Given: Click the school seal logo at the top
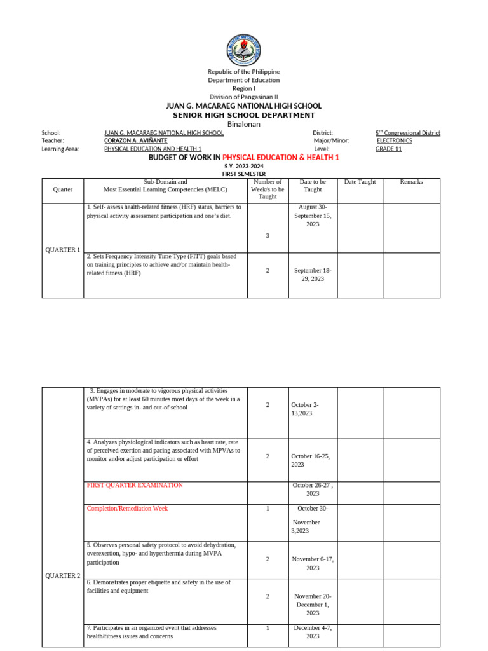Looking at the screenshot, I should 244,48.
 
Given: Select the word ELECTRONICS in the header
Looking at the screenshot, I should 395,140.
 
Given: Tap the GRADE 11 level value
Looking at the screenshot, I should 388,149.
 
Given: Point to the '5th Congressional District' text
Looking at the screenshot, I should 408,133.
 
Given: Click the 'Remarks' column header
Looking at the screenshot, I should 411,182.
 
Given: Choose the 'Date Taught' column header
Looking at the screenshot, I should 360,182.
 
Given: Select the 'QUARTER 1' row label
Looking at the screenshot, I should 62,250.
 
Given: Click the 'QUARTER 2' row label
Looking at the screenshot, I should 62,576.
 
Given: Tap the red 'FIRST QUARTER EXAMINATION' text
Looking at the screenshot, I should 135,485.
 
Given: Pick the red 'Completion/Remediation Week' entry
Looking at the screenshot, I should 127,509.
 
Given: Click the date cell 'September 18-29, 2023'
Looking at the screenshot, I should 313,275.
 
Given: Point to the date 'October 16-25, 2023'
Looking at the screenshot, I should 311,460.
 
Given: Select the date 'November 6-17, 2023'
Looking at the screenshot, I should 313,563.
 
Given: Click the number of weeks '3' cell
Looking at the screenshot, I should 268,236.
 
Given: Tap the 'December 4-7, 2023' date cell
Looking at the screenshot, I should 313,632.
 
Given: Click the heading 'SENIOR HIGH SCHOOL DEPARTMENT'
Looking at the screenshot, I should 244,115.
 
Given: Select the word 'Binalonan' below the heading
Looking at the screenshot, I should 244,124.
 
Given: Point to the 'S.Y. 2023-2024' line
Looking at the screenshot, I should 244,165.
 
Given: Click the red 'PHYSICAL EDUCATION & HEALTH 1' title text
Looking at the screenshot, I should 281,157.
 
